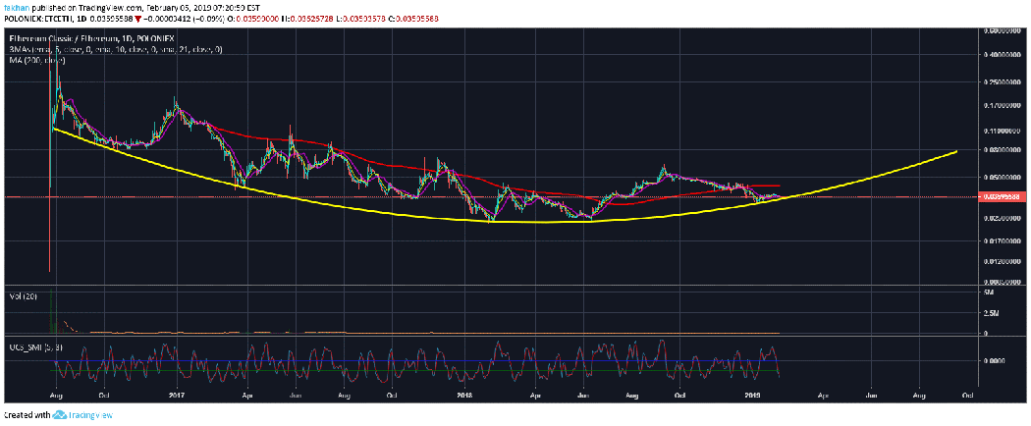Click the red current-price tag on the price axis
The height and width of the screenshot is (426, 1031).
click(x=1003, y=196)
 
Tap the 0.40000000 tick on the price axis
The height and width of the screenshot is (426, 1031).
click(x=1003, y=56)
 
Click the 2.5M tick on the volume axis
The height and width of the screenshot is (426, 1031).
click(x=993, y=312)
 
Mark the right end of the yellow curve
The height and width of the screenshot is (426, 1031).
click(x=956, y=152)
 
